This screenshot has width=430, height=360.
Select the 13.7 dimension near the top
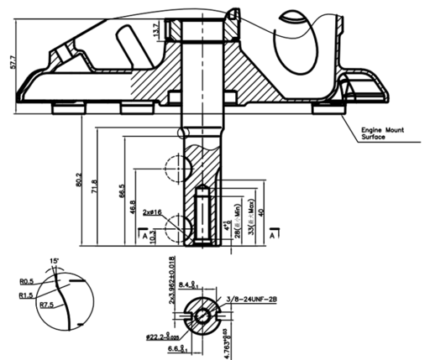pyautogui.click(x=156, y=31)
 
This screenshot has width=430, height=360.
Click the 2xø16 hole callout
pyautogui.click(x=154, y=214)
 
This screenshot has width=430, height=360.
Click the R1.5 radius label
pyautogui.click(x=25, y=295)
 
